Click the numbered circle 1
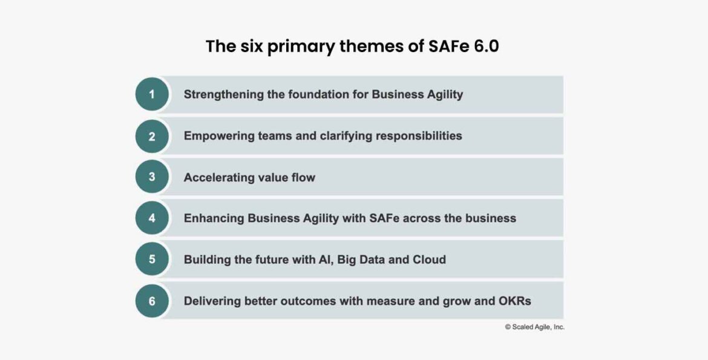point(152,94)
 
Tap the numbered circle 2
point(152,136)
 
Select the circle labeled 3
point(152,177)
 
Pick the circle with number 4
point(152,218)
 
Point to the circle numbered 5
point(152,259)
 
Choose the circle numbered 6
point(152,300)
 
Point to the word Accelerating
point(220,177)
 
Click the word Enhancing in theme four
point(214,218)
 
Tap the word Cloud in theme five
point(429,260)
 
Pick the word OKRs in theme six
point(514,301)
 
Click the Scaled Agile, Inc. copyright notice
point(534,327)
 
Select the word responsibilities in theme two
point(419,136)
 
